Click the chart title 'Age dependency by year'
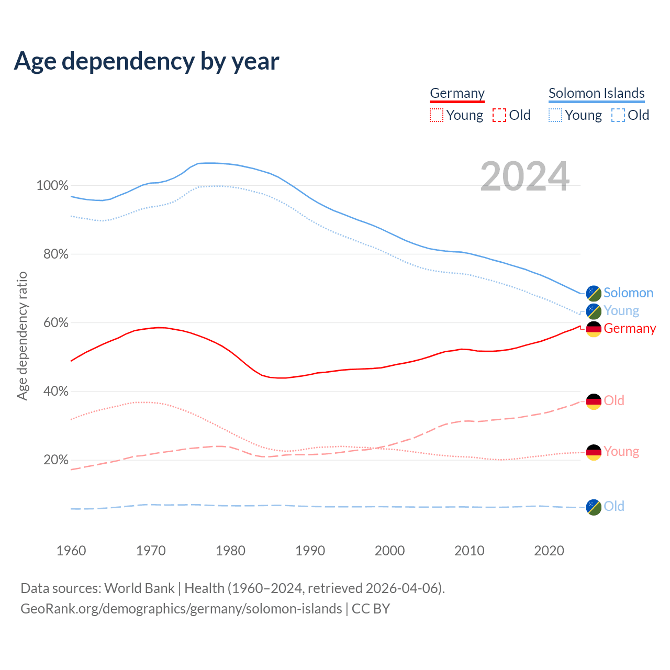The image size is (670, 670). (147, 61)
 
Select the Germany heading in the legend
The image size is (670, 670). (457, 93)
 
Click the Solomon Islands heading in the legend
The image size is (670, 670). (596, 93)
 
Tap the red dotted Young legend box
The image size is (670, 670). (436, 115)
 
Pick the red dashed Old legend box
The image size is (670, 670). (499, 115)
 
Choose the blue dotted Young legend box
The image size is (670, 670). (555, 115)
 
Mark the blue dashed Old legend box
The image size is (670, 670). (618, 115)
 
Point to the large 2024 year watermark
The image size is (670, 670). (524, 177)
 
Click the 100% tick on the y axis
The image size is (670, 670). (52, 186)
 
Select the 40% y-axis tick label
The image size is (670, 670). (55, 392)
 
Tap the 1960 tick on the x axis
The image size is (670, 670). (71, 551)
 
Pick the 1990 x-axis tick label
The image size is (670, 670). (310, 551)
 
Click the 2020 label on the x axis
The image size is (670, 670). (549, 551)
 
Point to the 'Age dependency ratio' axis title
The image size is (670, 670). (22, 336)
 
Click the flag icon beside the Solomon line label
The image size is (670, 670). (594, 293)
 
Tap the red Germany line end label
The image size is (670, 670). (629, 329)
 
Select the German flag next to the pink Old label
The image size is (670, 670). (594, 401)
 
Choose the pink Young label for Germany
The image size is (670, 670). (621, 452)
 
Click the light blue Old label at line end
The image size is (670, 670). (613, 507)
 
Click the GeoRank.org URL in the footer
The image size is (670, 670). (181, 609)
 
